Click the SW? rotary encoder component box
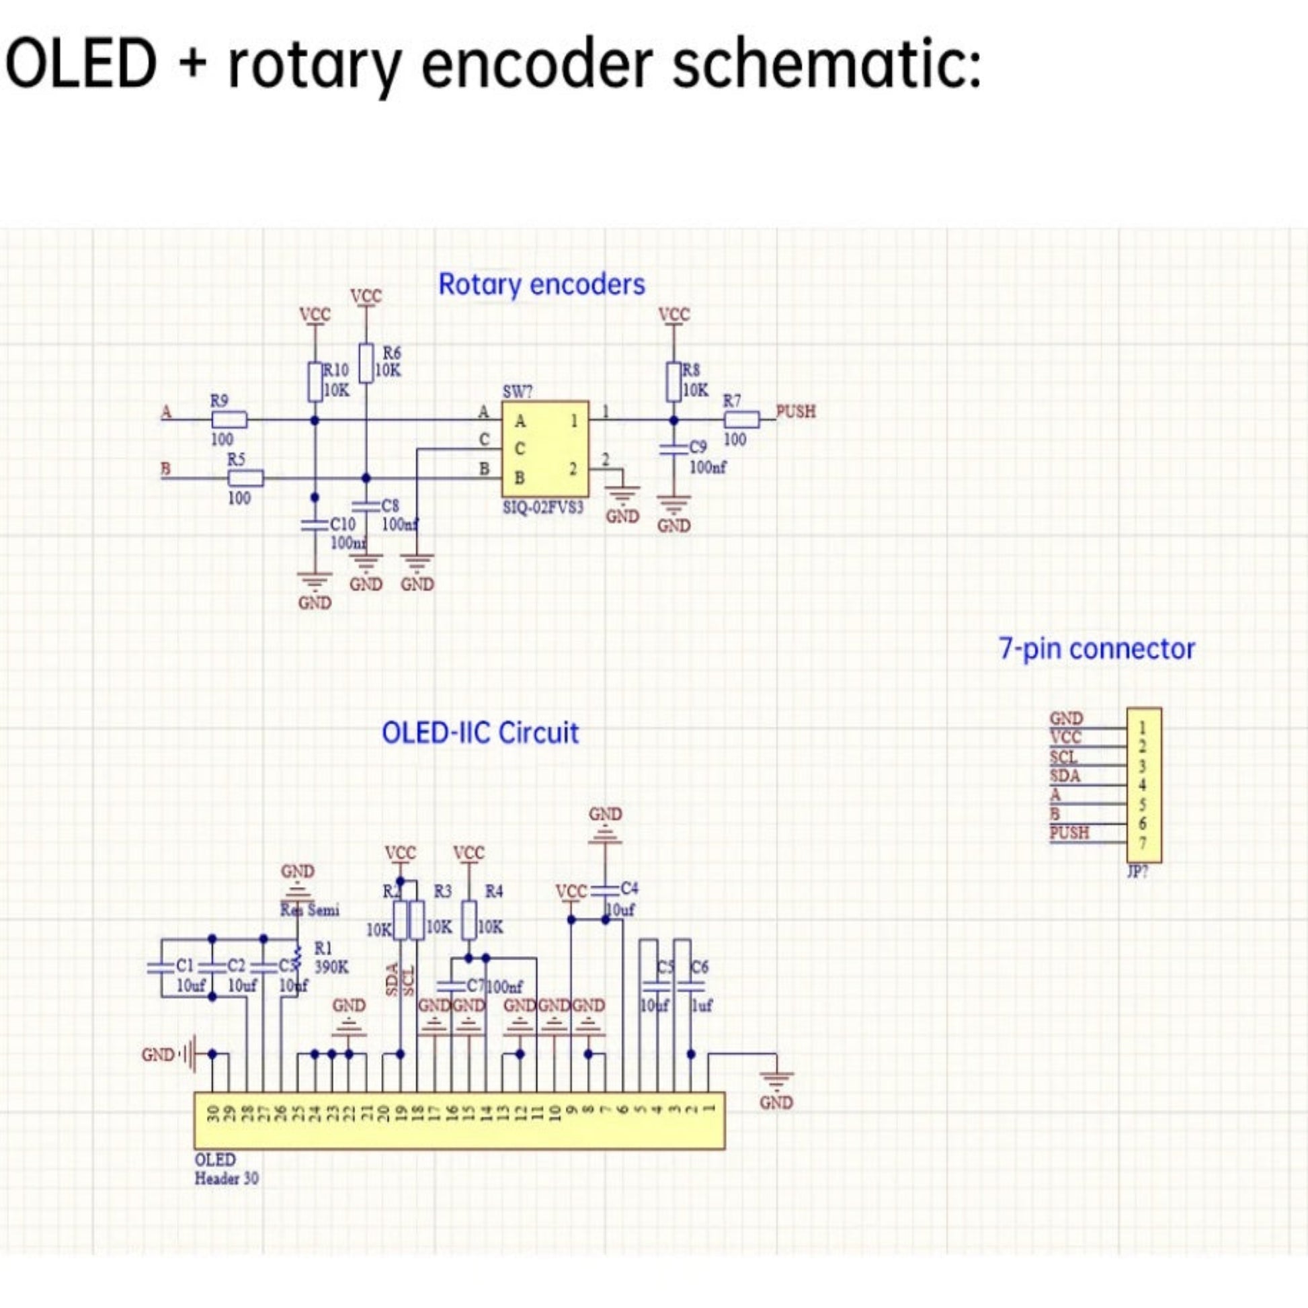click(x=545, y=448)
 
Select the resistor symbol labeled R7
click(x=742, y=419)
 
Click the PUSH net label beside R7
click(x=796, y=411)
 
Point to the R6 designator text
click(x=391, y=353)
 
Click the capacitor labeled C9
click(x=673, y=448)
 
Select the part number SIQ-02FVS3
click(x=543, y=507)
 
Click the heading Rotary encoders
click(x=542, y=284)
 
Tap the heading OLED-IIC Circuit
click(x=480, y=733)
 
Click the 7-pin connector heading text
click(x=1097, y=649)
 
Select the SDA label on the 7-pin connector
click(x=1065, y=776)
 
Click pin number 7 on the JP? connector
click(x=1142, y=843)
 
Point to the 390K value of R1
click(x=332, y=967)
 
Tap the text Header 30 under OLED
click(x=226, y=1179)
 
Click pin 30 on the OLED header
click(x=212, y=1115)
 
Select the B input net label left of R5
click(x=165, y=468)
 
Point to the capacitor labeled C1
click(x=161, y=967)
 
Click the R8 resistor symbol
click(x=673, y=382)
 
